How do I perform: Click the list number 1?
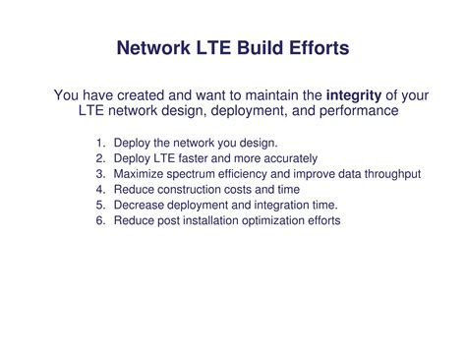[x=100, y=143]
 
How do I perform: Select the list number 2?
[x=100, y=158]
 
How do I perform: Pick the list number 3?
[x=100, y=174]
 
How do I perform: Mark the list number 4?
[x=100, y=190]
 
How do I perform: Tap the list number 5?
[x=100, y=206]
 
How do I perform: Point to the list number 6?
[x=100, y=221]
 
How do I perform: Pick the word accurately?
[x=290, y=158]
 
